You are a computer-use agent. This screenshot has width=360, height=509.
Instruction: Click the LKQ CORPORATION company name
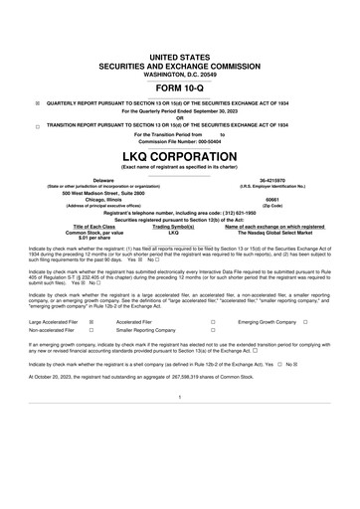pos(180,157)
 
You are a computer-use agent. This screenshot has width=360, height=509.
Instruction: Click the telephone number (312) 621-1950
pos(254,213)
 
